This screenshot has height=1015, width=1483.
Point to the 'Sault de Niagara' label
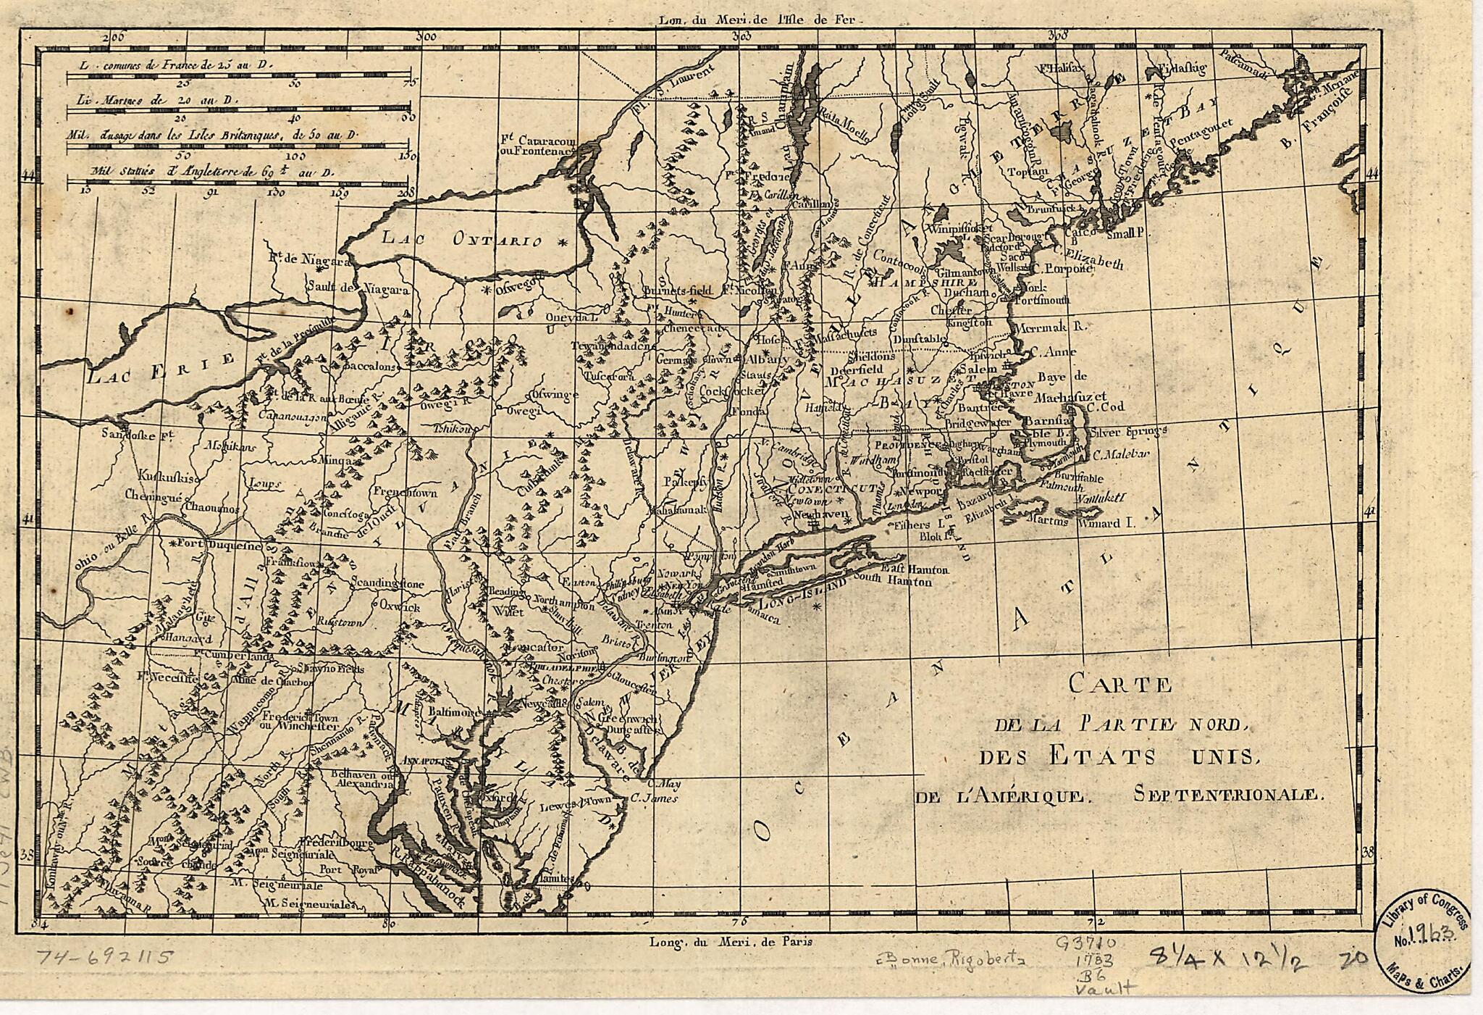(x=358, y=288)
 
